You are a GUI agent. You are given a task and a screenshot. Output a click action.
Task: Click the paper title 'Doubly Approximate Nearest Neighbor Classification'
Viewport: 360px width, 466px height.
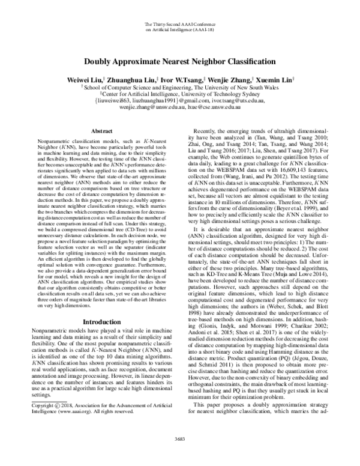(180, 62)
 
